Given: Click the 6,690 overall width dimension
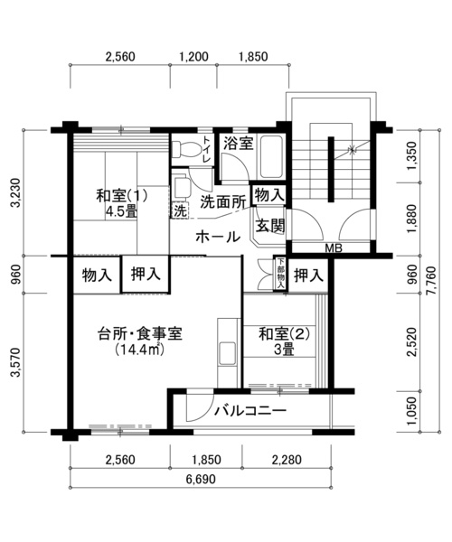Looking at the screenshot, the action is [x=200, y=479].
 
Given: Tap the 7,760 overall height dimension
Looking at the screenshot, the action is [x=431, y=281].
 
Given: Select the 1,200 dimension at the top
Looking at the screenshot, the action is [x=193, y=56].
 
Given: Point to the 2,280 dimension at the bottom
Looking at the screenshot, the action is [x=287, y=460].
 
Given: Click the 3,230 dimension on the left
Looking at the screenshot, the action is [x=16, y=192].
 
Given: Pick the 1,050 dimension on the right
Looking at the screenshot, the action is [x=411, y=412].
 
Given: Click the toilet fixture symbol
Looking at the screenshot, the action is [x=185, y=149].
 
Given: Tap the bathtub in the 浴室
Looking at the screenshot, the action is [x=272, y=157].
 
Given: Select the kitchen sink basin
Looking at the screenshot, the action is [x=227, y=353].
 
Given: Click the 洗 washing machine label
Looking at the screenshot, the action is [x=180, y=210].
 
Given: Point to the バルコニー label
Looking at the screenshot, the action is [x=250, y=411].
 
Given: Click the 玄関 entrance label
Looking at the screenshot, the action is [x=270, y=226].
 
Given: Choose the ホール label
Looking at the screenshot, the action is [x=218, y=237].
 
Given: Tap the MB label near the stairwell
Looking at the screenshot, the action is [x=334, y=248].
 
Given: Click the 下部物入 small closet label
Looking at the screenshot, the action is [x=281, y=274].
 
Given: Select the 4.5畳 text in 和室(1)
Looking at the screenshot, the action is [x=121, y=211].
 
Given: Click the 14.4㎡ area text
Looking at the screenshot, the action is [x=139, y=349].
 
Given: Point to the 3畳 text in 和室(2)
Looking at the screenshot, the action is [x=284, y=350].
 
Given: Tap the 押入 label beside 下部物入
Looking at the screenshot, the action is [x=309, y=276].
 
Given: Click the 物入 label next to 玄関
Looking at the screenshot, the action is [x=269, y=195].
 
